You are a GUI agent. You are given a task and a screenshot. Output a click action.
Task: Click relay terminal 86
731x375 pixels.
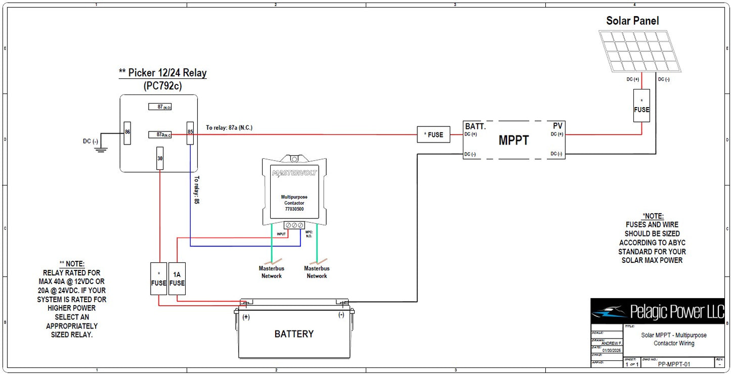click(x=127, y=132)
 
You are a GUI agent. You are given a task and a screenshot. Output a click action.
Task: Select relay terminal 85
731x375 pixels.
click(x=190, y=132)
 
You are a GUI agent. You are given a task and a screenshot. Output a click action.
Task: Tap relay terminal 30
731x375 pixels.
click(x=160, y=158)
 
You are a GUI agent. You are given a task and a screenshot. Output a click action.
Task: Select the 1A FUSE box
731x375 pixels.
click(x=177, y=279)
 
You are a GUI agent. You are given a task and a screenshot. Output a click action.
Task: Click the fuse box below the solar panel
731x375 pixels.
click(x=641, y=106)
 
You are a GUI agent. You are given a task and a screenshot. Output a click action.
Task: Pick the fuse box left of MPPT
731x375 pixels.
click(x=434, y=135)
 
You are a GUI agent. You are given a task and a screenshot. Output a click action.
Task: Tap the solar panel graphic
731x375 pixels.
click(x=640, y=51)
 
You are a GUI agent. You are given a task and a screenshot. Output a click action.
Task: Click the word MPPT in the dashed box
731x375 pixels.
click(x=513, y=140)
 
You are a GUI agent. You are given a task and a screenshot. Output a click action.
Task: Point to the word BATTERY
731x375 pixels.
click(x=294, y=334)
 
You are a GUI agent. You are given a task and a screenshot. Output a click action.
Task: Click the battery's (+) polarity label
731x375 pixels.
click(x=246, y=317)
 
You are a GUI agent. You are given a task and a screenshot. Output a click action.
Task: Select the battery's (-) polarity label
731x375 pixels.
click(x=341, y=315)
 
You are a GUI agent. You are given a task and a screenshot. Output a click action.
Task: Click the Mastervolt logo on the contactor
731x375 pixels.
click(x=294, y=173)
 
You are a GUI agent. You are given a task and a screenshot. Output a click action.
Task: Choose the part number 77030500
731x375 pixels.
click(x=294, y=209)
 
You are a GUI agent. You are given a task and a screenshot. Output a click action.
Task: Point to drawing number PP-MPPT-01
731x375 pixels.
click(x=674, y=364)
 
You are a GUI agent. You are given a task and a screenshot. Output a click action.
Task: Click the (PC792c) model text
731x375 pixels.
click(x=162, y=86)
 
